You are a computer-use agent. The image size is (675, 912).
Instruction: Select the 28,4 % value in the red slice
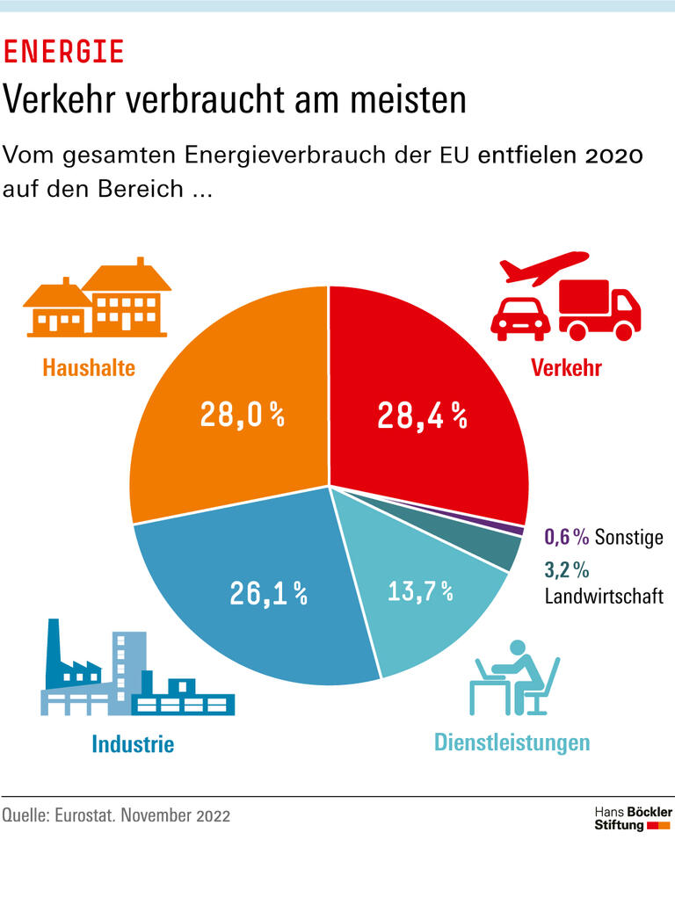(421, 415)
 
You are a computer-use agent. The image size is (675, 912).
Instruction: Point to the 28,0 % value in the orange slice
(242, 415)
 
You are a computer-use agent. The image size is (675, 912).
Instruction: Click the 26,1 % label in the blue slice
(268, 594)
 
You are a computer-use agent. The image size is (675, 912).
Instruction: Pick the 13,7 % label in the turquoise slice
(420, 591)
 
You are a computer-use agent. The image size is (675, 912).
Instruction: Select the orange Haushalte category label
(89, 366)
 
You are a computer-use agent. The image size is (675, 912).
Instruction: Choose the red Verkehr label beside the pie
(566, 367)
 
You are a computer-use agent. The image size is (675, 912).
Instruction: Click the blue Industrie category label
(133, 744)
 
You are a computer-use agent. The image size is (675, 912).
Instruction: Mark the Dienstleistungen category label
(512, 742)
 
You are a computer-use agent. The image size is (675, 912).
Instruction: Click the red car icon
(519, 318)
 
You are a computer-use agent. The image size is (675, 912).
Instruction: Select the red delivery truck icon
(599, 310)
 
